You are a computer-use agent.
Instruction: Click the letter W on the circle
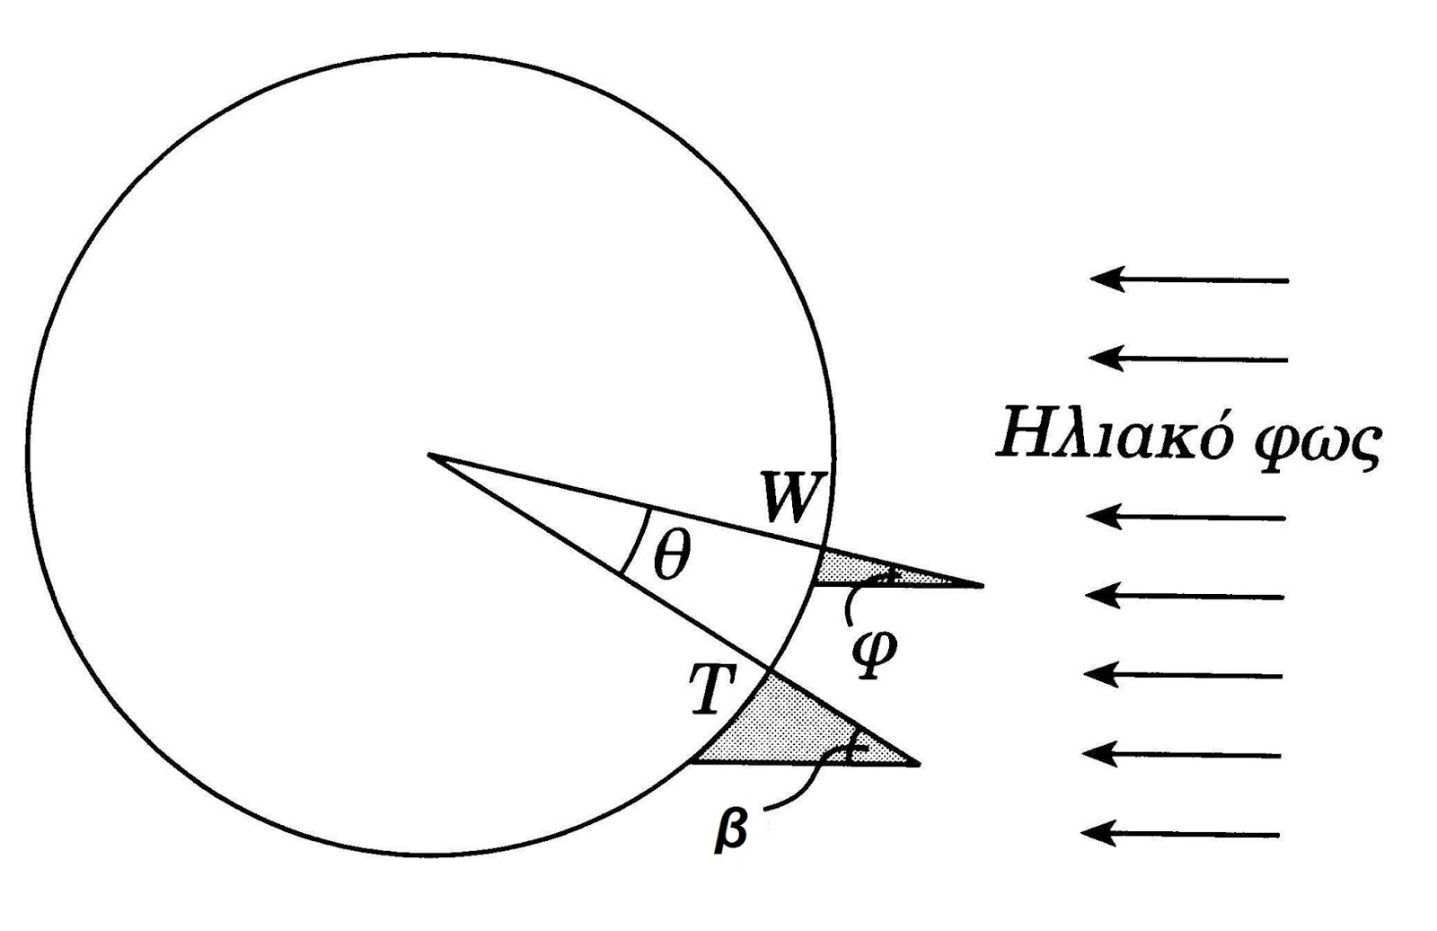(791, 497)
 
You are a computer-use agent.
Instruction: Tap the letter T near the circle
(713, 689)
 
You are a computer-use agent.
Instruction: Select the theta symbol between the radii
(671, 555)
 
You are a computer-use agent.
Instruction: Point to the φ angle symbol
(873, 655)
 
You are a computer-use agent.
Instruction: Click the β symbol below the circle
(732, 830)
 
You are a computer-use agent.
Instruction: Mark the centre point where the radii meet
(428, 455)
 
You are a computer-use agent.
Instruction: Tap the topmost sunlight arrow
(1189, 279)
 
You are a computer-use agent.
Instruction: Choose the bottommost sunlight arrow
(1180, 834)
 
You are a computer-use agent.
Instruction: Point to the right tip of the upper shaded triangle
(983, 585)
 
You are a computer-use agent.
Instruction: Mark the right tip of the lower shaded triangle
(920, 764)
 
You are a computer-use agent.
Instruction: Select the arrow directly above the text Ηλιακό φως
(1189, 359)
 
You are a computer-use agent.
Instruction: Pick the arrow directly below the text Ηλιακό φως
(1186, 517)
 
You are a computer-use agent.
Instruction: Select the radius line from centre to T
(598, 563)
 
